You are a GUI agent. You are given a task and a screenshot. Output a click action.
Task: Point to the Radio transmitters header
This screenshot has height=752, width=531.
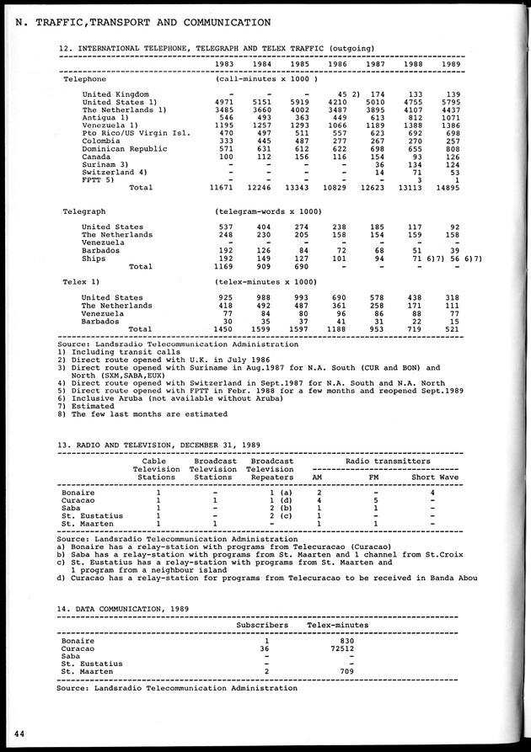pos(386,461)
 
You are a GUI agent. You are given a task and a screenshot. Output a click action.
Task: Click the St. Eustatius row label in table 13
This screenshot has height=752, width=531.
pos(93,515)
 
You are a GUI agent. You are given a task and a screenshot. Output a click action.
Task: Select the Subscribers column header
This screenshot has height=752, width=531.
pos(262,626)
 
